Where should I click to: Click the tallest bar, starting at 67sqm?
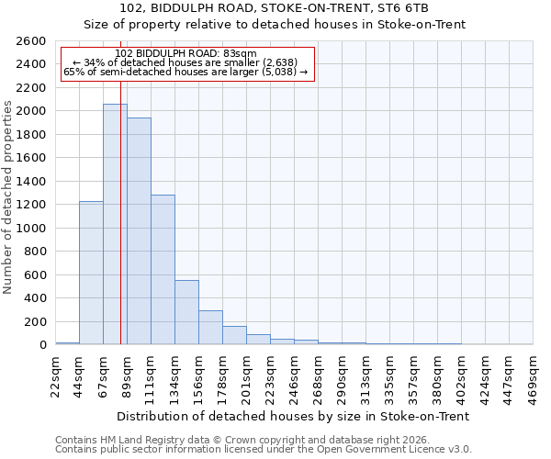pyautogui.click(x=115, y=224)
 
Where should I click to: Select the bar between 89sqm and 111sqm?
pyautogui.click(x=139, y=230)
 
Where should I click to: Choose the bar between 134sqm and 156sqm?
pyautogui.click(x=186, y=312)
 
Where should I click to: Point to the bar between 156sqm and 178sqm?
pyautogui.click(x=210, y=328)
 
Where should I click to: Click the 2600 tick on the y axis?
pyautogui.click(x=32, y=41)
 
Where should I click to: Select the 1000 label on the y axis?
pyautogui.click(x=32, y=228)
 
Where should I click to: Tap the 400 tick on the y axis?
pyautogui.click(x=36, y=298)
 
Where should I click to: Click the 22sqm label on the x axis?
pyautogui.click(x=55, y=375)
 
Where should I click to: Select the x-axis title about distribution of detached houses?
pyautogui.click(x=294, y=416)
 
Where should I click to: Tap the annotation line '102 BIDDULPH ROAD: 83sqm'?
pyautogui.click(x=186, y=54)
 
